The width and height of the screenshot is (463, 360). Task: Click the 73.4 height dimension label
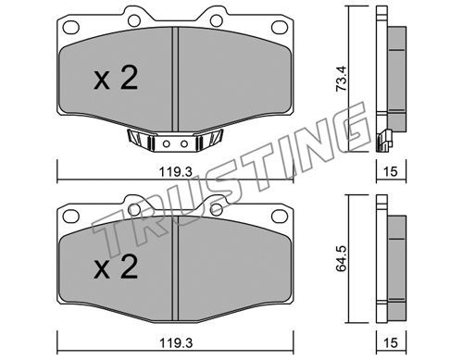342,79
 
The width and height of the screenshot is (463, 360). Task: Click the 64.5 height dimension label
342,258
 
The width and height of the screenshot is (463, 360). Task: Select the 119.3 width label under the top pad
176,172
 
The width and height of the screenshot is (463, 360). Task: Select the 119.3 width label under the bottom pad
176,343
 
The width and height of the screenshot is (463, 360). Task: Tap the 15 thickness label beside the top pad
391,171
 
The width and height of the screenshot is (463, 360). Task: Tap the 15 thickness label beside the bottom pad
391,342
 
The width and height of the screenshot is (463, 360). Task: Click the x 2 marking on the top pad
116,79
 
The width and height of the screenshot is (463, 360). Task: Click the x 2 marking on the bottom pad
116,267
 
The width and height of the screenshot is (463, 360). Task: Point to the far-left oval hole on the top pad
71,27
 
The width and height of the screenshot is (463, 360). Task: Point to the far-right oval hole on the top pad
280,27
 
